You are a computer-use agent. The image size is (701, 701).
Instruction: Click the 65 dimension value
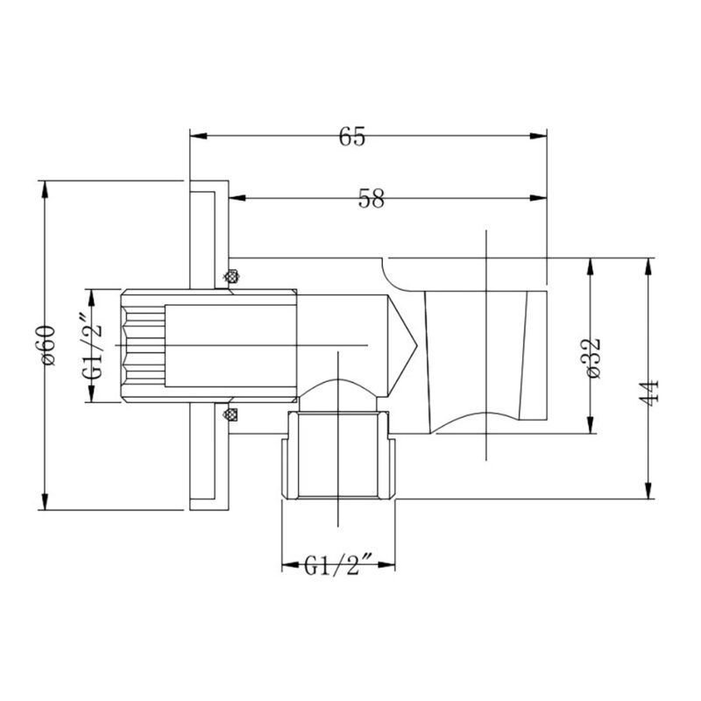coord(352,137)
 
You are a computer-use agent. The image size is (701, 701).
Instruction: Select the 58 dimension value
coord(371,199)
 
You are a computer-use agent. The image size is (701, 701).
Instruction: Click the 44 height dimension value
coord(648,393)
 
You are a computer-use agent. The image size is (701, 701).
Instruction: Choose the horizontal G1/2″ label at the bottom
coord(338,565)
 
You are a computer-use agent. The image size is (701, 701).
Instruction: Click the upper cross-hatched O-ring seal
coord(231,277)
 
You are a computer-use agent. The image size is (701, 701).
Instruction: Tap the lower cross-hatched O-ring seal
coord(230,414)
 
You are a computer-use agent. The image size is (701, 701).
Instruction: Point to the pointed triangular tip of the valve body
coord(417,345)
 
